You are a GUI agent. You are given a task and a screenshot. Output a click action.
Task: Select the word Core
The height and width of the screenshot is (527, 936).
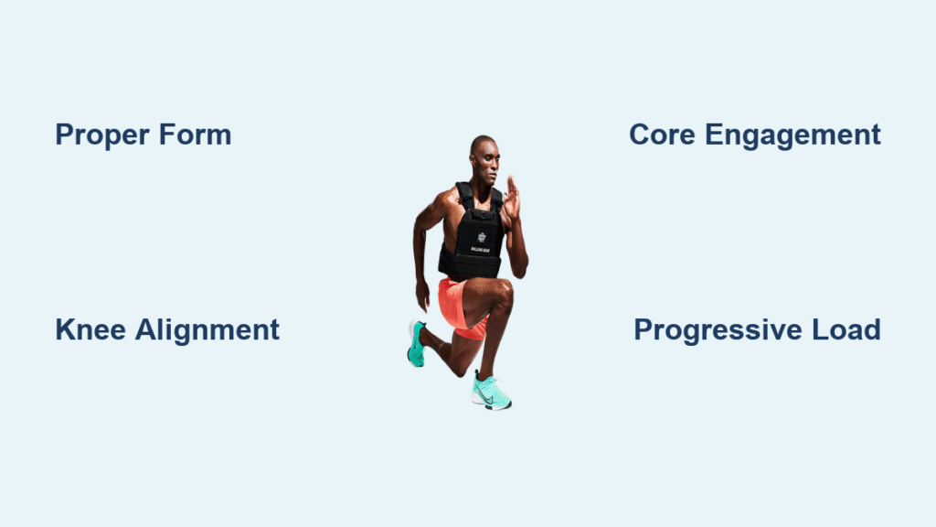(x=662, y=134)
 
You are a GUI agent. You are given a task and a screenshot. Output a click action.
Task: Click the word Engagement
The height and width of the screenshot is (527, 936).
(x=792, y=135)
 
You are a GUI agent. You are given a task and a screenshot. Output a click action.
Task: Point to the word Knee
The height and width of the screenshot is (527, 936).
(x=90, y=329)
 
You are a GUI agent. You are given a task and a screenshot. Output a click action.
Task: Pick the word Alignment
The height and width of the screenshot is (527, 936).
(x=207, y=330)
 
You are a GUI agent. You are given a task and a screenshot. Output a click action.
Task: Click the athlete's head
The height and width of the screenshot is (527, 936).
(x=484, y=159)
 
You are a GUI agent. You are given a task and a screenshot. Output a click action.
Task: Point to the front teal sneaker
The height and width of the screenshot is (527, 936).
(x=491, y=391)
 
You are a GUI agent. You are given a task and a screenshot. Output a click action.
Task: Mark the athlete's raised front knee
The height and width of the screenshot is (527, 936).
(x=503, y=295)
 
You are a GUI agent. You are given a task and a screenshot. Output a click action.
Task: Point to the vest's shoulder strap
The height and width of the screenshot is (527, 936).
(x=463, y=196)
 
